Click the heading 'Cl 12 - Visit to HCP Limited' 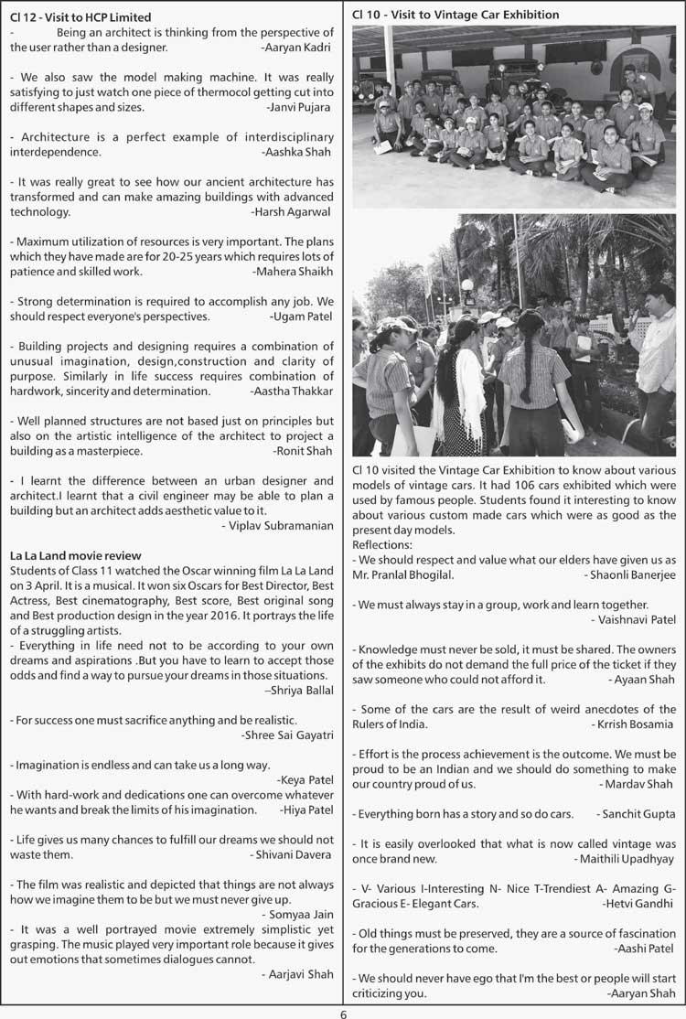(x=80, y=16)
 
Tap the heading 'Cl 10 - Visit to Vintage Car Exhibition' (x=456, y=15)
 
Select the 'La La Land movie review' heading (x=76, y=555)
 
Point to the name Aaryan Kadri (x=296, y=46)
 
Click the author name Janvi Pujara (x=299, y=107)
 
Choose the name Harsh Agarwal (x=292, y=211)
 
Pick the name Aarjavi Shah (x=297, y=974)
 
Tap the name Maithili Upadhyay (x=627, y=859)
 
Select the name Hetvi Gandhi (x=638, y=903)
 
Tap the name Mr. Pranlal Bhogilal (x=402, y=574)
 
